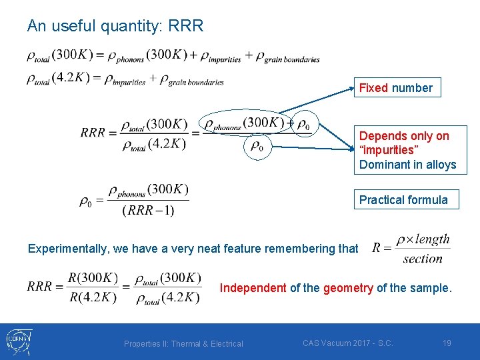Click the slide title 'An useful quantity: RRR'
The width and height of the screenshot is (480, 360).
pyautogui.click(x=115, y=26)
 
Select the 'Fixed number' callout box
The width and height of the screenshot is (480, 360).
pyautogui.click(x=396, y=88)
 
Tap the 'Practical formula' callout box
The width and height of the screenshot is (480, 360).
pyautogui.click(x=404, y=200)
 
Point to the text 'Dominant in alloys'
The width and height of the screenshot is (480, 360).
pyautogui.click(x=407, y=165)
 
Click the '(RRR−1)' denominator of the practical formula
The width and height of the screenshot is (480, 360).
pyautogui.click(x=148, y=211)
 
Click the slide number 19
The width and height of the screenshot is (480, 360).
pyautogui.click(x=447, y=343)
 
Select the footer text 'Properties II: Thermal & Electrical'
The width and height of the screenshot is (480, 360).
pyautogui.click(x=183, y=344)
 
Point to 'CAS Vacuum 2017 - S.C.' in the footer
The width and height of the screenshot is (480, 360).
pyautogui.click(x=347, y=343)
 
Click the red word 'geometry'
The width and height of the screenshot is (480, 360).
pyautogui.click(x=348, y=288)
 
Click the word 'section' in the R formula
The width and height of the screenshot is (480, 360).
pyautogui.click(x=423, y=259)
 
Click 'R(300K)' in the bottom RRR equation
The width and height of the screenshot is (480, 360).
pyautogui.click(x=93, y=278)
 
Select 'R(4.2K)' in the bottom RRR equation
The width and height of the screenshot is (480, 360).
pyautogui.click(x=93, y=297)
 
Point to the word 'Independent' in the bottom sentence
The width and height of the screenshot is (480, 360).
pyautogui.click(x=253, y=288)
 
